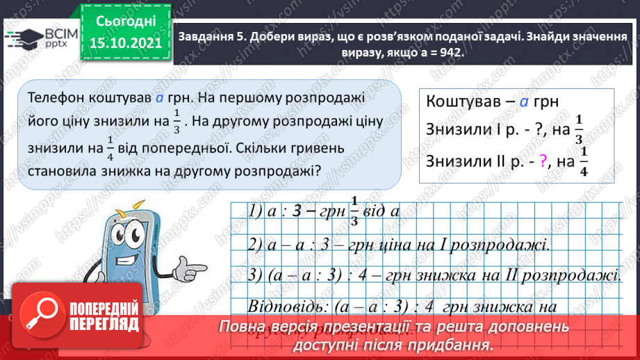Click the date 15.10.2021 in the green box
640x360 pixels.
[125, 43]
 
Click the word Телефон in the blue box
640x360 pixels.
[52, 98]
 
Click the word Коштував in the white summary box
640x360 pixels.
[461, 101]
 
